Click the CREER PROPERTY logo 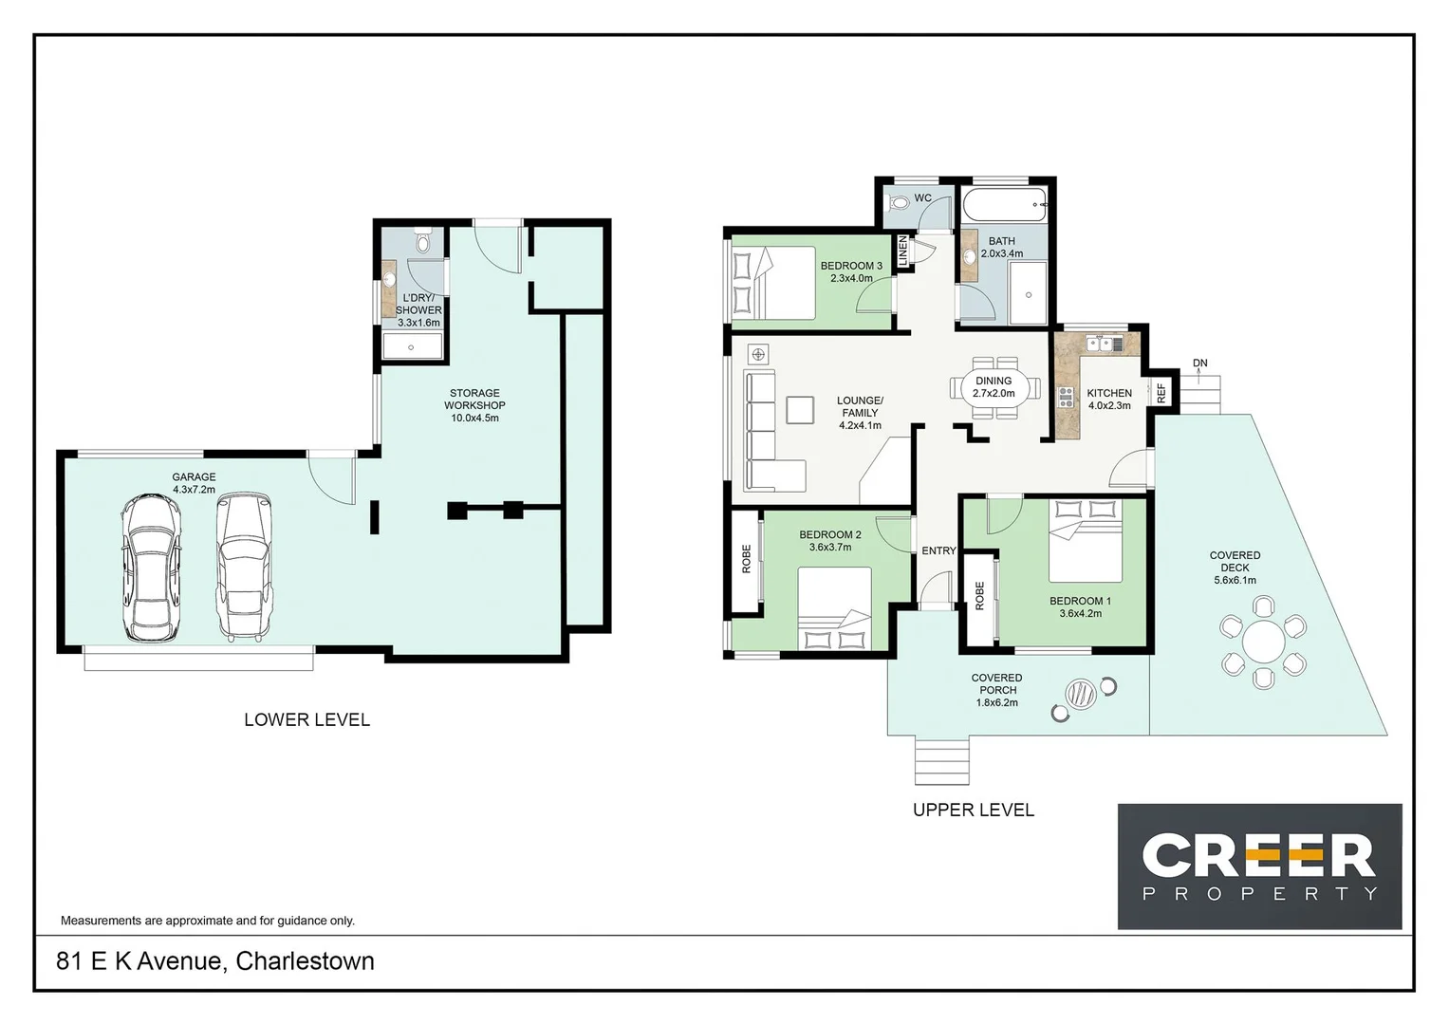1259,866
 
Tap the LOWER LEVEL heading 307,719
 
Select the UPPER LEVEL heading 973,810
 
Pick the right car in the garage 243,565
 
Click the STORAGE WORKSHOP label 474,404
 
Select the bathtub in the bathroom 1004,204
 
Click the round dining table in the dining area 994,387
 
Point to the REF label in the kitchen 1161,393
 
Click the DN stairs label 1200,363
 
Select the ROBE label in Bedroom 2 746,558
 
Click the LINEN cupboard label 903,252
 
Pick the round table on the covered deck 1263,643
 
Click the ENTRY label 938,550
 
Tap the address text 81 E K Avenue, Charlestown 215,960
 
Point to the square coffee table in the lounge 799,409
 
